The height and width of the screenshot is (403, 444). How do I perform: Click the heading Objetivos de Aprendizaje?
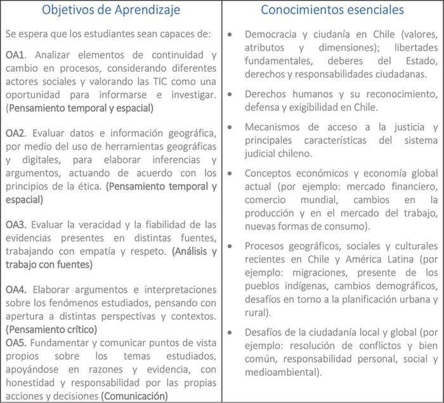(110, 11)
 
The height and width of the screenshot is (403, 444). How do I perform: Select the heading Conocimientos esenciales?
(332, 11)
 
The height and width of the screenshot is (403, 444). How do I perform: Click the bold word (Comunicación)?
(134, 396)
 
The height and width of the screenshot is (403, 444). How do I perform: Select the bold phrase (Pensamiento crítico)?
(51, 329)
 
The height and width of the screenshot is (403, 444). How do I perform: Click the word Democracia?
(270, 34)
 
